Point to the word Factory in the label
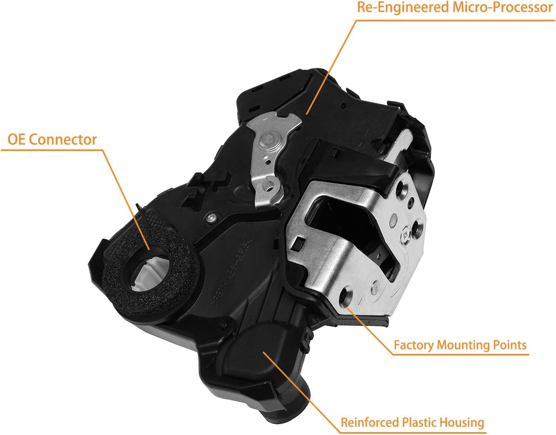414,345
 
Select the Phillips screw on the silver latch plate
407,235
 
